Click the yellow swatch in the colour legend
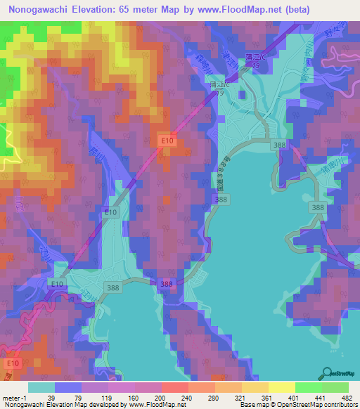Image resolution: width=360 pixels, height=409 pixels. [x=281, y=387]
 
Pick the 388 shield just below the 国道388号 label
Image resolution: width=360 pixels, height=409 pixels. [x=221, y=200]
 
